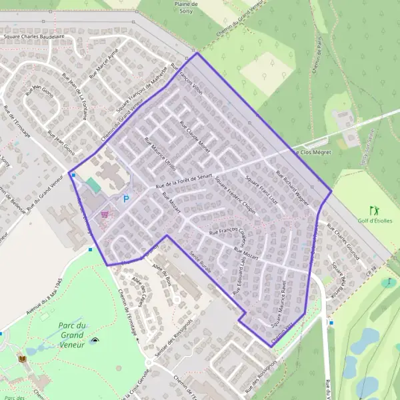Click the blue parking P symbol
tap(125, 199)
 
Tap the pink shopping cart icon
tap(104, 214)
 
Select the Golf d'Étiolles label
tap(375, 221)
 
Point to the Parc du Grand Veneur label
tap(72, 335)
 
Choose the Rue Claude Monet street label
tap(195, 137)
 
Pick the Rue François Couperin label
tap(228, 231)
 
